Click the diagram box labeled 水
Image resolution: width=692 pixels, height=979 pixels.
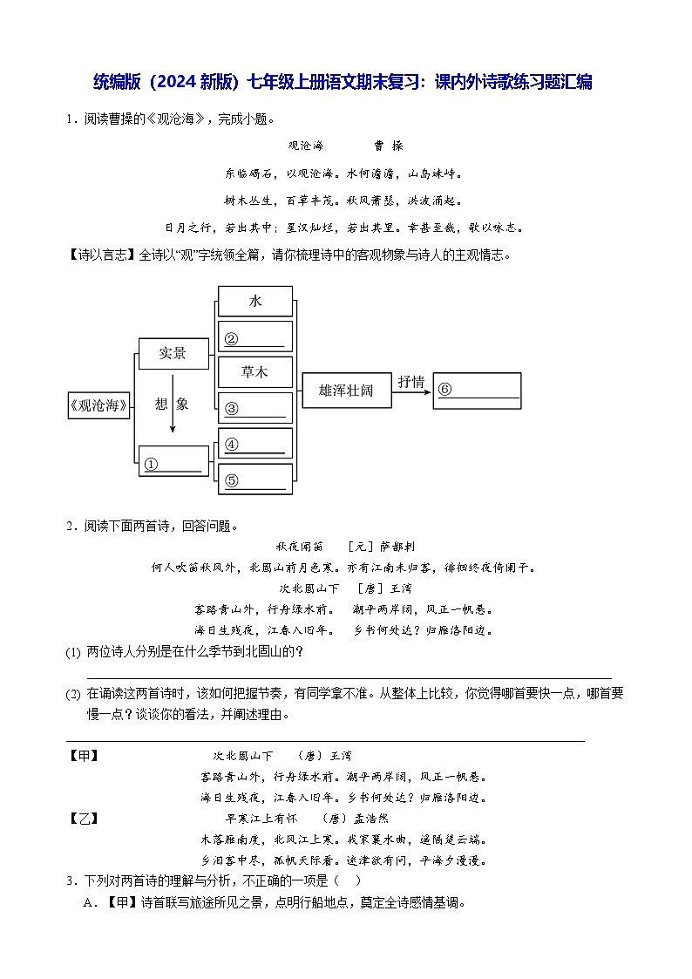[x=254, y=301]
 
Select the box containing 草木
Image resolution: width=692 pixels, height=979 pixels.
[x=254, y=371]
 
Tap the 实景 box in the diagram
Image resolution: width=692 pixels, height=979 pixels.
[x=173, y=353]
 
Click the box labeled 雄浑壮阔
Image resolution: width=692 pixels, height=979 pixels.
[x=346, y=391]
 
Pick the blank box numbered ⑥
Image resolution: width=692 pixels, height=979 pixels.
[x=478, y=391]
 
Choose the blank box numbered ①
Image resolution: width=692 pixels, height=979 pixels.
[x=174, y=462]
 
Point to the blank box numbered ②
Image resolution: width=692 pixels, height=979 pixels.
[x=254, y=337]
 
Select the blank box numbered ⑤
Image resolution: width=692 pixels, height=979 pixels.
[x=254, y=479]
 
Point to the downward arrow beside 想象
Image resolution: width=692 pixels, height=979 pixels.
[x=173, y=404]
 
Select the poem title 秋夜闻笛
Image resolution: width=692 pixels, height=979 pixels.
[x=299, y=546]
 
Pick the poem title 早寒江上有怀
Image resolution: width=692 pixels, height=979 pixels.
[x=261, y=819]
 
